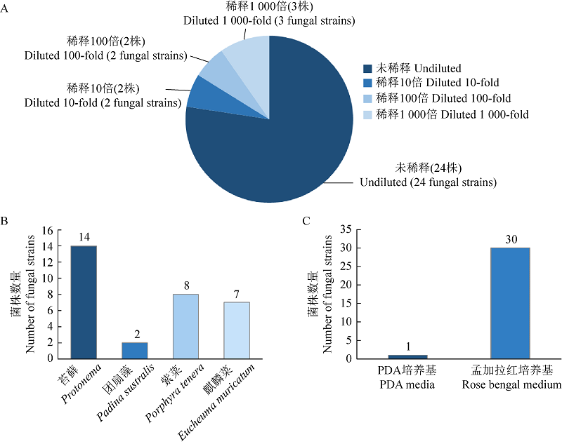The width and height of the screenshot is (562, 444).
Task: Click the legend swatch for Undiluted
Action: tap(367, 69)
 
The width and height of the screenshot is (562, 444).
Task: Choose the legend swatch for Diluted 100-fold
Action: tap(367, 99)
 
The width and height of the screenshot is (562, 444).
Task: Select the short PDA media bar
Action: tap(407, 356)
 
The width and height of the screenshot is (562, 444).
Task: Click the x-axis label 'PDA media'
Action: tap(407, 384)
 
